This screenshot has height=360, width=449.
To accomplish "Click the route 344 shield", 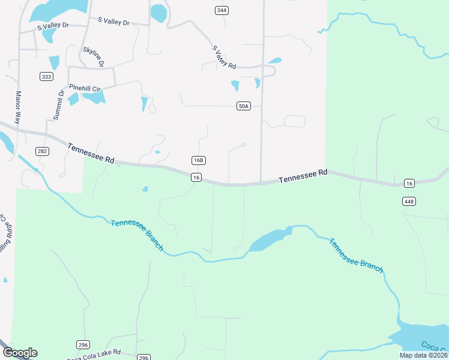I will coord(222,10).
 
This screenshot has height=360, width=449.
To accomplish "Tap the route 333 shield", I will coord(46,76).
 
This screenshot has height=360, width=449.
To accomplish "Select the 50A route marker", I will coord(243,106).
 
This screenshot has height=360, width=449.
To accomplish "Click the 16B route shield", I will coord(199,160).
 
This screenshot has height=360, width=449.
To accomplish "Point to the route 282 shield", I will coord(42,151).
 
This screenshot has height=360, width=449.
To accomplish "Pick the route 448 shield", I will coord(409,201).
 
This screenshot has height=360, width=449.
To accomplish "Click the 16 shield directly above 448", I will coord(409,183).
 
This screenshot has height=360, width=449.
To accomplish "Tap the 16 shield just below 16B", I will coord(196,177).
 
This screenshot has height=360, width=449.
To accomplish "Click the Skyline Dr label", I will coord(94,56).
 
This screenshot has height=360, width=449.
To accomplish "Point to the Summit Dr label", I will coord(58,105).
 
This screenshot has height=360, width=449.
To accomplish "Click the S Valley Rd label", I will coord(224,57).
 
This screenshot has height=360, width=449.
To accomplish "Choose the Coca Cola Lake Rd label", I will coord(94,355).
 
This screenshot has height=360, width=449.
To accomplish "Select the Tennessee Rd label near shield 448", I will coord(303,176).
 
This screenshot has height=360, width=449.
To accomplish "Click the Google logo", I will coord(20,353).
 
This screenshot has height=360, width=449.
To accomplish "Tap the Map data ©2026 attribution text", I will coord(423,355).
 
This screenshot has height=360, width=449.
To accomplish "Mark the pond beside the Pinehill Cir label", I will coord(94,97).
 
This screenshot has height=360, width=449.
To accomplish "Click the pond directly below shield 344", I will coord(235,86).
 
